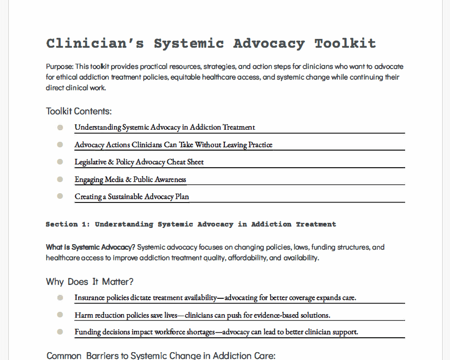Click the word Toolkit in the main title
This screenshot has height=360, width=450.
pyautogui.click(x=345, y=44)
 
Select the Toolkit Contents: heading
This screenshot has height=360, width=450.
pyautogui.click(x=79, y=111)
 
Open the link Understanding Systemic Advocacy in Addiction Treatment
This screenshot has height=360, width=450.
pyautogui.click(x=165, y=127)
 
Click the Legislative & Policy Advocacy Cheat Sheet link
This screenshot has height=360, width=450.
pyautogui.click(x=139, y=162)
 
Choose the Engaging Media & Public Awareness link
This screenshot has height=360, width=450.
pyautogui.click(x=130, y=179)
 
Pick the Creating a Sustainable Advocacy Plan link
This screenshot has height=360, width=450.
pyautogui.click(x=132, y=196)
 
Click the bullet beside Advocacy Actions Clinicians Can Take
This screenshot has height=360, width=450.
pyautogui.click(x=60, y=145)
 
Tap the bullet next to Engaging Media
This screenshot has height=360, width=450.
pyautogui.click(x=60, y=179)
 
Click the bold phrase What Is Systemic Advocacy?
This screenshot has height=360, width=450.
pyautogui.click(x=90, y=247)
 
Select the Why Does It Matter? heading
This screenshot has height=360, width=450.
pyautogui.click(x=89, y=282)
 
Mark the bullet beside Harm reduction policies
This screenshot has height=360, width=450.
pyautogui.click(x=60, y=315)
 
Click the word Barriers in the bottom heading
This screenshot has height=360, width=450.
pyautogui.click(x=106, y=356)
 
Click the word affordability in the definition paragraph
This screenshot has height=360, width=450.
pyautogui.click(x=247, y=258)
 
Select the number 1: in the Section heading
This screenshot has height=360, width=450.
pyautogui.click(x=86, y=224)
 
